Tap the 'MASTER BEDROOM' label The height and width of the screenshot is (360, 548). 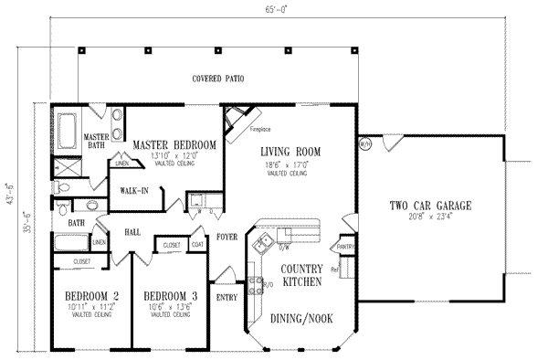coord(174,144)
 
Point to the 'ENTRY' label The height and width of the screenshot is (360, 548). coord(227,296)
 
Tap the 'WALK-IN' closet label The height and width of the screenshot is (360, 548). coord(134,191)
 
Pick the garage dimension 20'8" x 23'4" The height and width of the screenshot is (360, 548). coord(427,217)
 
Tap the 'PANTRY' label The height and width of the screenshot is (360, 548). coord(344,247)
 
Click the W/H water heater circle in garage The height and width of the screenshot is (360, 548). coord(364,143)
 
